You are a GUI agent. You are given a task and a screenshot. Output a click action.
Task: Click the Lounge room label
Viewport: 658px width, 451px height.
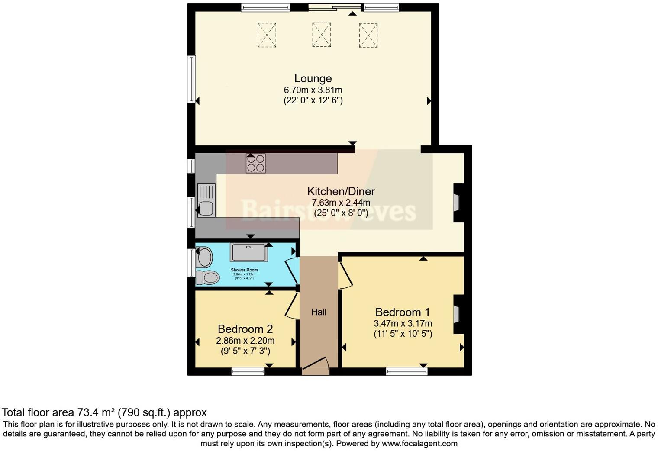pos(313,78)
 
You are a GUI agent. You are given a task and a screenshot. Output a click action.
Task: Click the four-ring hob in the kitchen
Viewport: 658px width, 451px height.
pos(255,163)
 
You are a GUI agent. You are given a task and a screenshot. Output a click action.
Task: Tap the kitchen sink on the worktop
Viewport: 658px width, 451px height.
pos(206,200)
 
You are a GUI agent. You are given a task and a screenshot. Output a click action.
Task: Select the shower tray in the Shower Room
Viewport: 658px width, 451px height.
pos(248,252)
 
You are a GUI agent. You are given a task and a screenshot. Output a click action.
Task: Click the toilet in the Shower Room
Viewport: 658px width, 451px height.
pos(206,277)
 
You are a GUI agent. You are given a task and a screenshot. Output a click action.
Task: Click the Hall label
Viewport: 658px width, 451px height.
pos(319,312)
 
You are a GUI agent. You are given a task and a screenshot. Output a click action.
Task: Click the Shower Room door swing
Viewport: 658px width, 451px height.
pos(292,270)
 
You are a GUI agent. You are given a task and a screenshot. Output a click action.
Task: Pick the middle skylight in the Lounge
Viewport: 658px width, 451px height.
pos(321,35)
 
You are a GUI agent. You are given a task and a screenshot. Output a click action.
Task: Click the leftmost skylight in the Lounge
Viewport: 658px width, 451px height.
pos(267,35)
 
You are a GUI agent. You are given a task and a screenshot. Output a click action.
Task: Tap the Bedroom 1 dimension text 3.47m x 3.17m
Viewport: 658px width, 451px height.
pos(403,323)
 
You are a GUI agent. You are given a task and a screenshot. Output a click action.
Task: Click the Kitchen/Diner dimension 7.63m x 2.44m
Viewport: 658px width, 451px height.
pos(341,203)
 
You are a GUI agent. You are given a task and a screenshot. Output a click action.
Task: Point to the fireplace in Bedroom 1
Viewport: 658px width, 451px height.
pos(457,315)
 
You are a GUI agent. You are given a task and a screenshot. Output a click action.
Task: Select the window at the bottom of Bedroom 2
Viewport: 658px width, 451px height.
pos(248,371)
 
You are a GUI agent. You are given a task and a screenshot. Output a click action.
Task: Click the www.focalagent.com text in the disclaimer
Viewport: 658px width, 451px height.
pos(419,444)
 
